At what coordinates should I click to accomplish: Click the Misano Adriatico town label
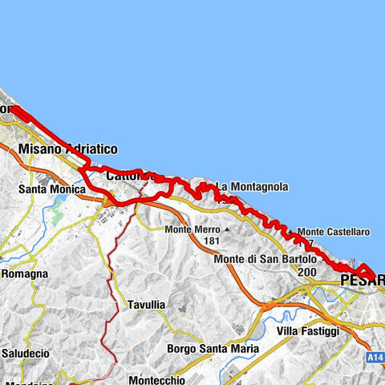(x=68, y=149)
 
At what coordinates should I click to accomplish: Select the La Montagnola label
(x=252, y=187)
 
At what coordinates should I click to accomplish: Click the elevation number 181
(x=212, y=241)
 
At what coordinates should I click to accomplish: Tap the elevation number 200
(x=306, y=272)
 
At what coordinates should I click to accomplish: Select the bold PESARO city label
(x=363, y=281)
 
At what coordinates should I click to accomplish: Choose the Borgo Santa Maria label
(x=213, y=349)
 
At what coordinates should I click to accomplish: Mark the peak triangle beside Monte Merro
(x=227, y=229)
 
